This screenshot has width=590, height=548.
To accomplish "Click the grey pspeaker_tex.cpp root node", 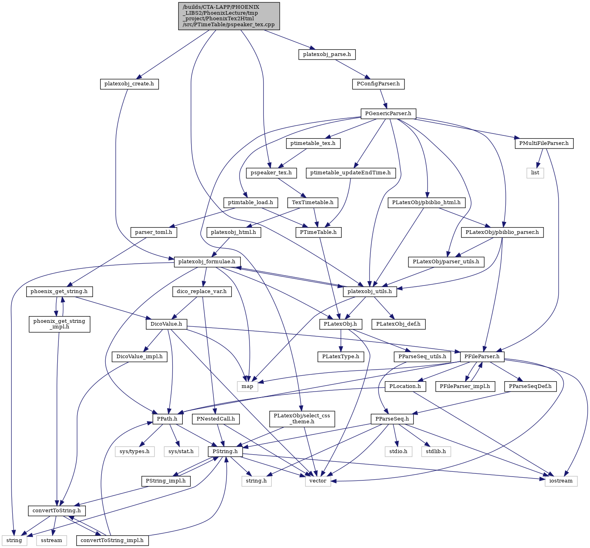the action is [229, 16].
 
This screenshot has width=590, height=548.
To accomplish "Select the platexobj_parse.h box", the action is [327, 55].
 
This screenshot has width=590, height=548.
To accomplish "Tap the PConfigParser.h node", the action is [378, 84].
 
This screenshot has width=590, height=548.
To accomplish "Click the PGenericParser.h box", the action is [388, 114].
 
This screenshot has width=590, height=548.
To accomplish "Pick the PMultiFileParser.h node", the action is [544, 144].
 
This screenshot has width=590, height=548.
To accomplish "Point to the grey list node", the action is [535, 173].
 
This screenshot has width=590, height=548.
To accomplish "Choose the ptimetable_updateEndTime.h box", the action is [350, 173].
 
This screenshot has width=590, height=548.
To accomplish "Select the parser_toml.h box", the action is [154, 233].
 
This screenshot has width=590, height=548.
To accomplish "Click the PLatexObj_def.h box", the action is [398, 324].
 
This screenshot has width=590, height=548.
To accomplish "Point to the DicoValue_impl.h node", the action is [139, 357].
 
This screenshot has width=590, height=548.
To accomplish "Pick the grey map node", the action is [247, 386].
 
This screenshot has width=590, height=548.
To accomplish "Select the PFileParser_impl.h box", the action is [465, 386].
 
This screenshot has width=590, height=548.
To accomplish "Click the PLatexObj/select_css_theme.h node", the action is [302, 419].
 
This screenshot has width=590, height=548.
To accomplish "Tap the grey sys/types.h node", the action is [135, 452].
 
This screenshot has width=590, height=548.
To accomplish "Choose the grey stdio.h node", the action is [398, 452].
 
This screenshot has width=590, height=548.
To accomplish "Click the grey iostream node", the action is [561, 481].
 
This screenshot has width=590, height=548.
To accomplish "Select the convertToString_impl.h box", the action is [112, 540].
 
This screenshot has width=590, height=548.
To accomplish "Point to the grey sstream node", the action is [52, 540].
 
